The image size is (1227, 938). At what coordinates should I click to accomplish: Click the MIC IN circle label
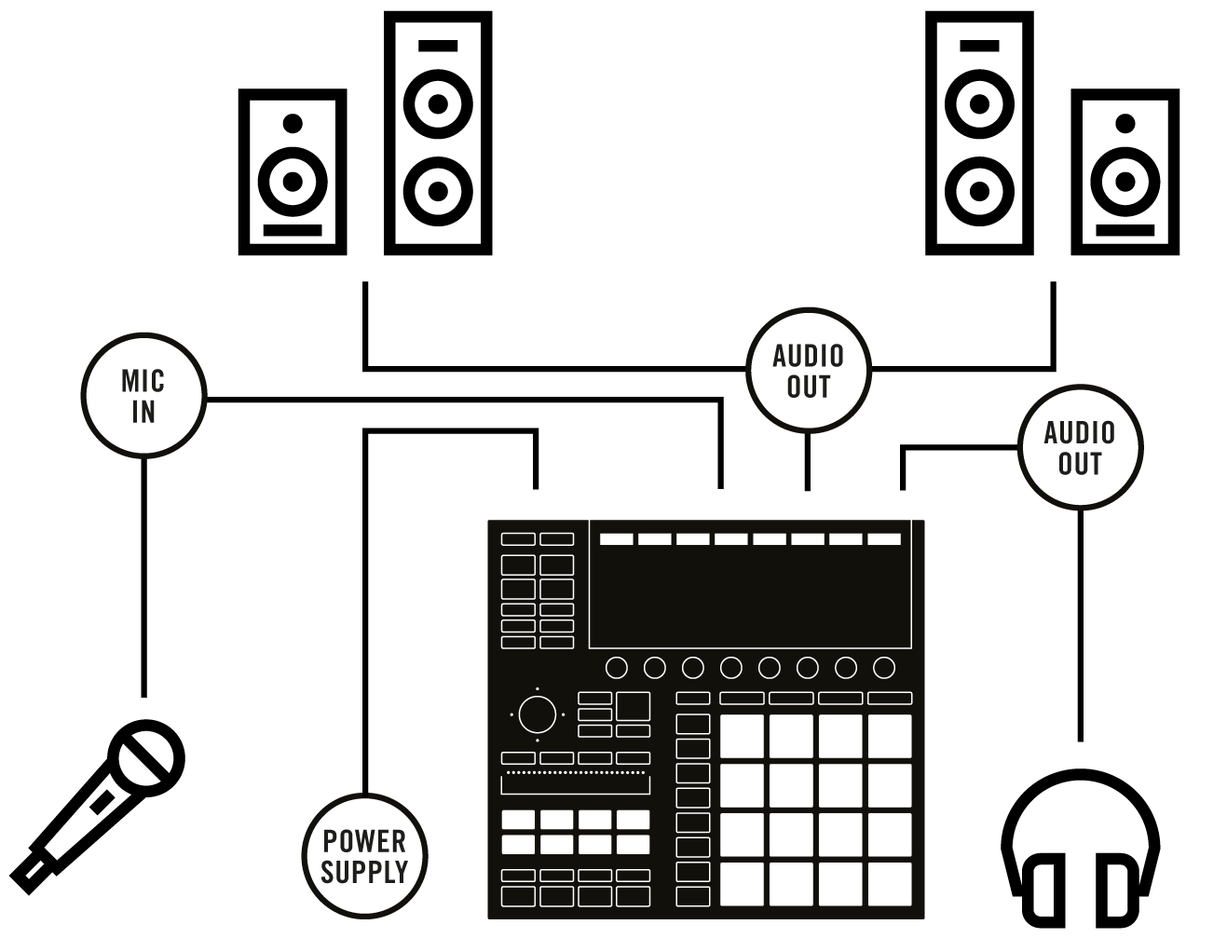[143, 396]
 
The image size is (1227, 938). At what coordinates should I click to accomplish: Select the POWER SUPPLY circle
[364, 855]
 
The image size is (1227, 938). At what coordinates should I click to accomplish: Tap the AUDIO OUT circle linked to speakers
[808, 371]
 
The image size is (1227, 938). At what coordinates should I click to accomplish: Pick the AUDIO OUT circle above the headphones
[1079, 448]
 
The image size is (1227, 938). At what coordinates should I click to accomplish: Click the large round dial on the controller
[536, 714]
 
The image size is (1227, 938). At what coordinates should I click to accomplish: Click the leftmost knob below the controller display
[616, 668]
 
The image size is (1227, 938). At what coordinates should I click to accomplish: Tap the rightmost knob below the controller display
[884, 668]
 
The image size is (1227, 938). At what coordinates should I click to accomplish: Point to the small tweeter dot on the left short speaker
[293, 122]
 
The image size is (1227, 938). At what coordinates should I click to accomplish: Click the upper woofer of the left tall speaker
[438, 103]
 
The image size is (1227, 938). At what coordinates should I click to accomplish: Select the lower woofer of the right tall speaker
[979, 191]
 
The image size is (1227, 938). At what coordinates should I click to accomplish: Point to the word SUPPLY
[364, 872]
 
